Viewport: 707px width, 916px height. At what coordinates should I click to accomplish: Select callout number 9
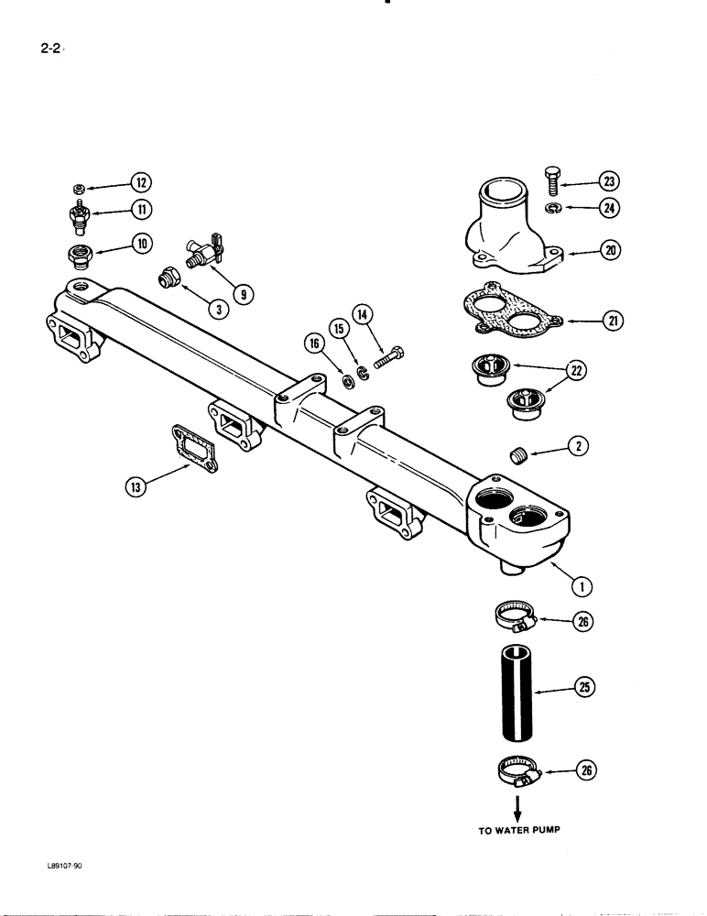coord(242,293)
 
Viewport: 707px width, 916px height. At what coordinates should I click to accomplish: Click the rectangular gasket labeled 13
coord(193,452)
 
